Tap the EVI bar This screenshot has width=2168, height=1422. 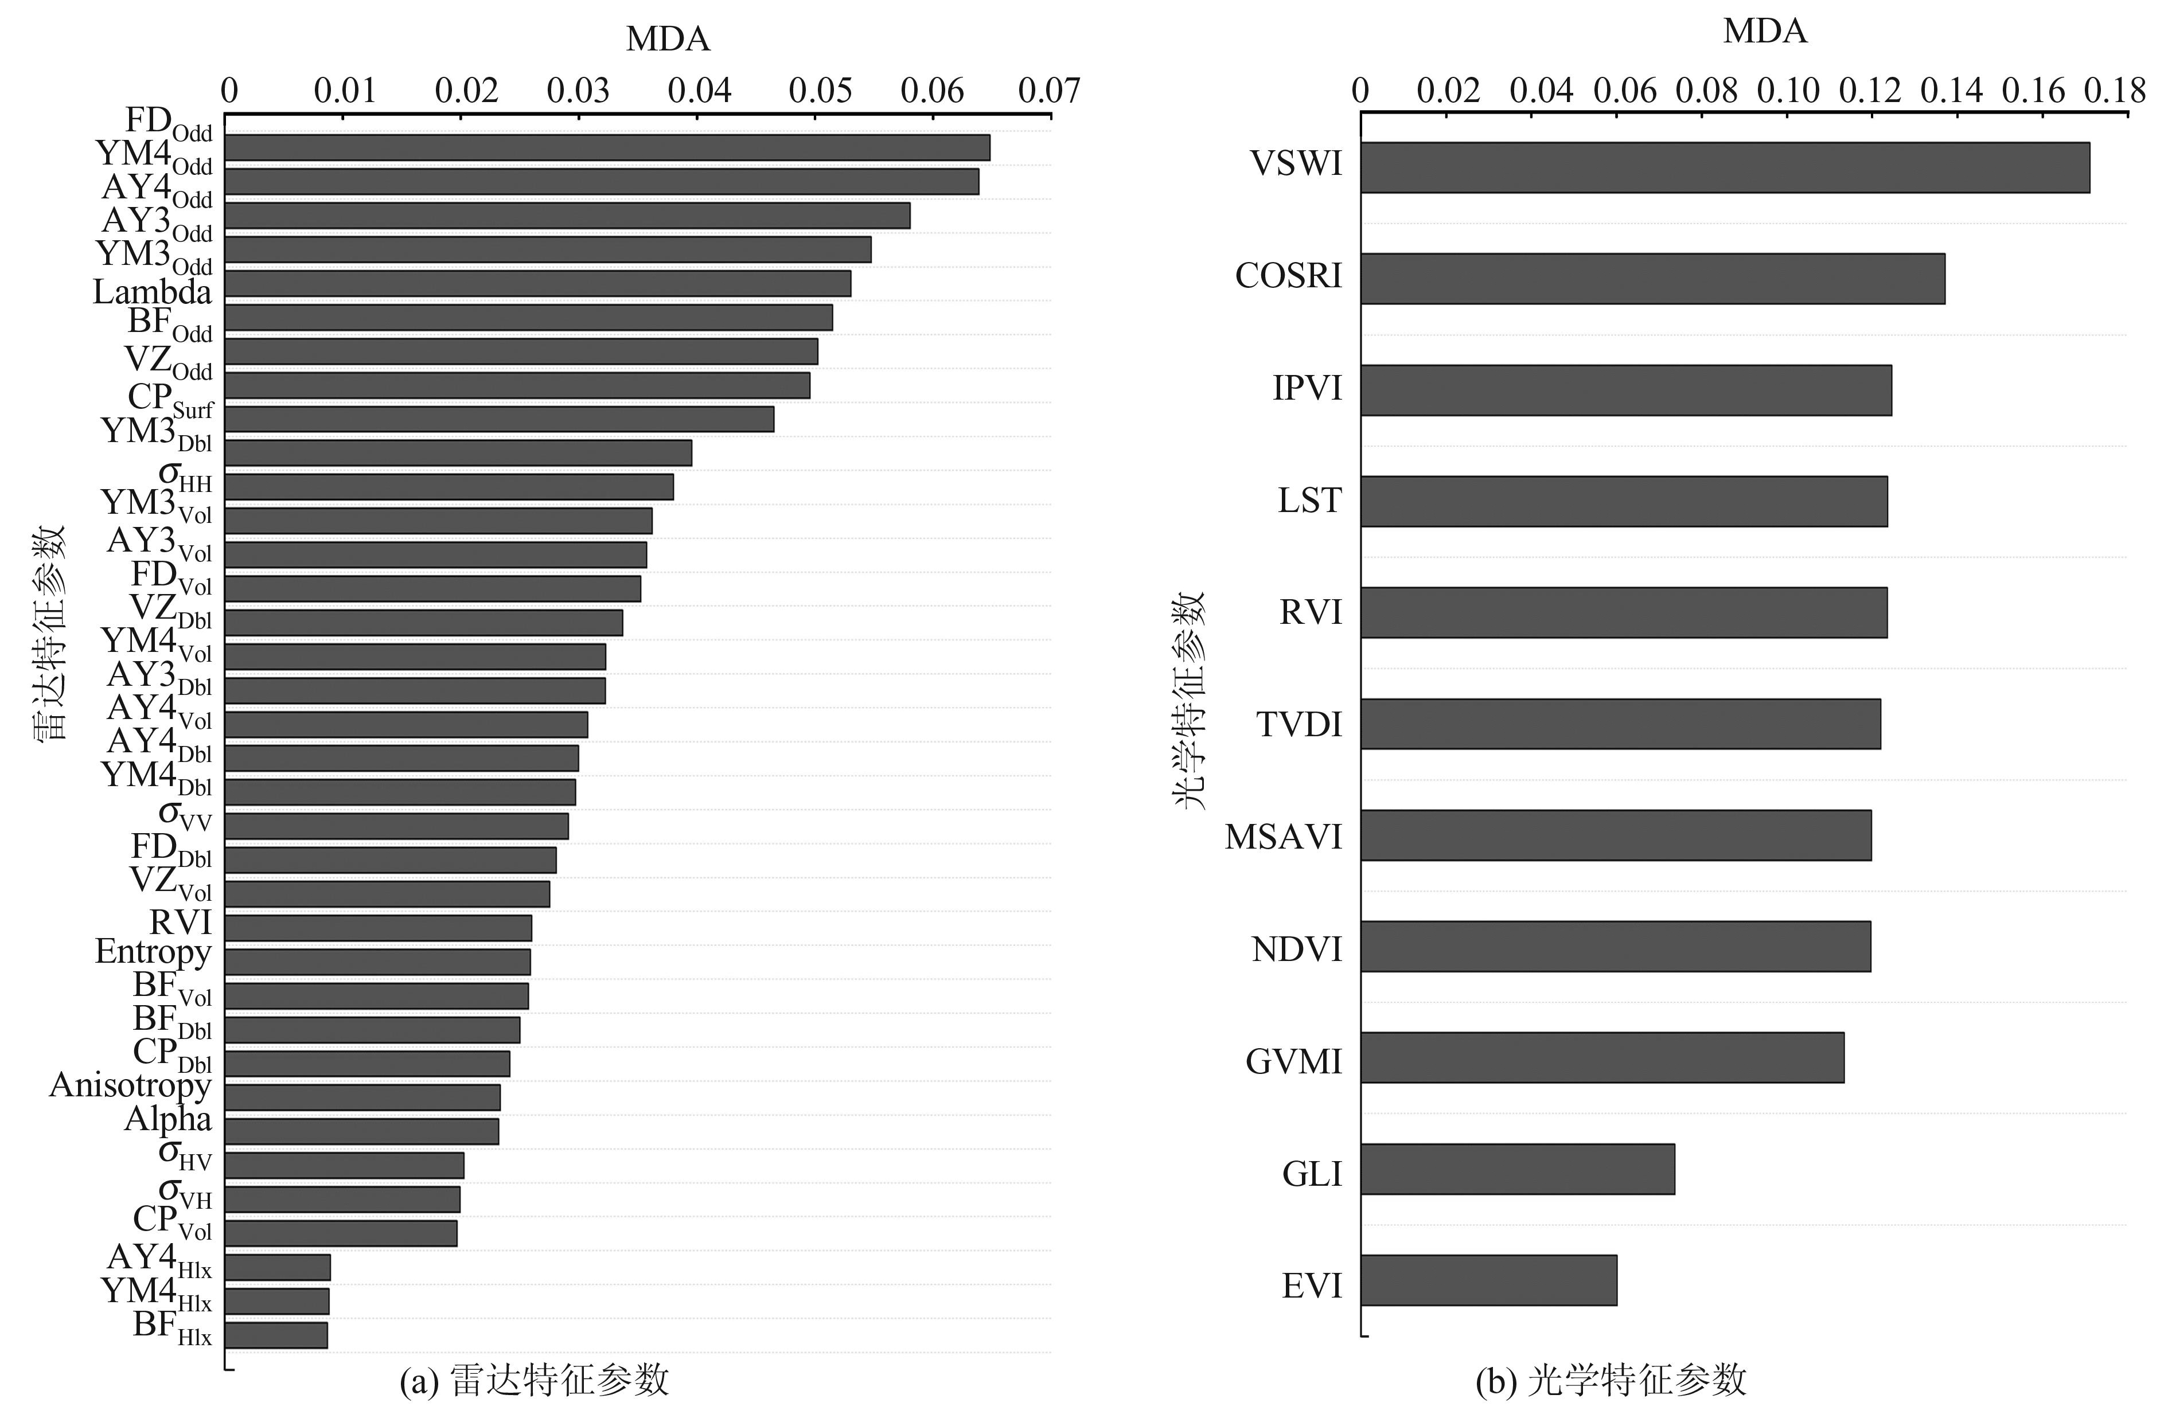coord(1488,1280)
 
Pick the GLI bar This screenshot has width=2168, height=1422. coord(1516,1169)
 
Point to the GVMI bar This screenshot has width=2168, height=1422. coord(1601,1058)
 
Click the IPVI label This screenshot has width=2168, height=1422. coord(1307,389)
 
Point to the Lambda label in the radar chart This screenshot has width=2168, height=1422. coord(152,292)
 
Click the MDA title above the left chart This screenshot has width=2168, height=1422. coord(668,39)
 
